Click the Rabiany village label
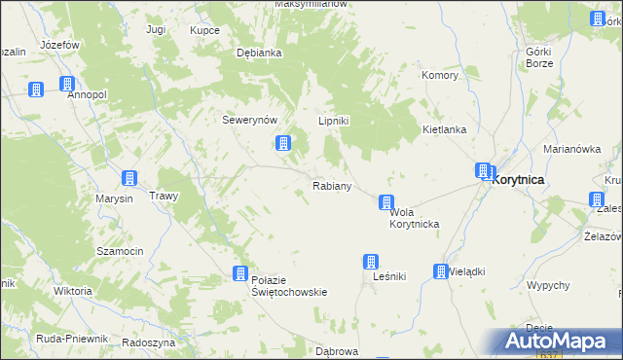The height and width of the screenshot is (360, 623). tap(331, 185)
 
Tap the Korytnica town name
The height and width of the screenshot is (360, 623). tap(518, 180)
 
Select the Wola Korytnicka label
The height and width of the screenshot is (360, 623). tap(414, 218)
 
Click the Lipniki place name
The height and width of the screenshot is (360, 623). tap(334, 121)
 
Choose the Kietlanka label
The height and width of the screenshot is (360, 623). tap(445, 129)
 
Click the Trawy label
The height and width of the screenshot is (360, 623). tap(164, 196)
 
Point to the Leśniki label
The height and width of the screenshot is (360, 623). tap(388, 276)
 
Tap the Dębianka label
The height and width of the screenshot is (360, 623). tap(259, 54)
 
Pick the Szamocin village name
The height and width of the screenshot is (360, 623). tap(120, 250)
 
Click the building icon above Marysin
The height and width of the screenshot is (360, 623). tap(128, 178)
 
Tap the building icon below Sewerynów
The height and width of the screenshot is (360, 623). tap(281, 144)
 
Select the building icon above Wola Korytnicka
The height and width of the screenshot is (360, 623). tap(386, 203)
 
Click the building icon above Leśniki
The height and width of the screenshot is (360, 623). tap(371, 261)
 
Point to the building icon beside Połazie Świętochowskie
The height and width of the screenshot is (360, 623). tap(239, 274)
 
